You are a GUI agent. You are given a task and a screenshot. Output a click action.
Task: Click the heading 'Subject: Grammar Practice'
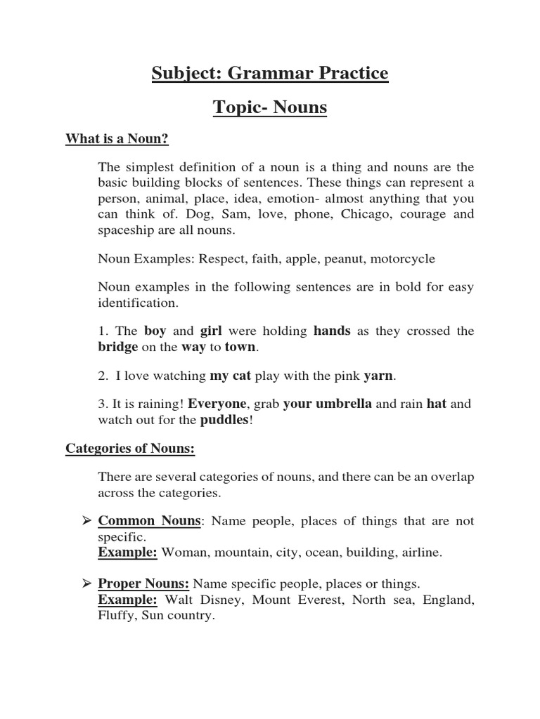(x=270, y=73)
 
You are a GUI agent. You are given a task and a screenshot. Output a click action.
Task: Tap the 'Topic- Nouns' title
(x=270, y=108)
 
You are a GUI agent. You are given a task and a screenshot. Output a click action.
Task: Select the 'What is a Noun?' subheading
(x=117, y=139)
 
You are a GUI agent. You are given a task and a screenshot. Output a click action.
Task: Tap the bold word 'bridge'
(x=117, y=347)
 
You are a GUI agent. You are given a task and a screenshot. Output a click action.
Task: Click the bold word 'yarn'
(x=378, y=376)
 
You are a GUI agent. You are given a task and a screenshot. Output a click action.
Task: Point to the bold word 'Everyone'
(x=216, y=404)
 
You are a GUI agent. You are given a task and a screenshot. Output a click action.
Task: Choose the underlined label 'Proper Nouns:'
(x=143, y=583)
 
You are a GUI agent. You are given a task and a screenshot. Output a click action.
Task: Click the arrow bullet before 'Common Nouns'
(x=87, y=521)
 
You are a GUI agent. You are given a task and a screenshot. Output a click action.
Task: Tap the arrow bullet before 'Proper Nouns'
(x=87, y=583)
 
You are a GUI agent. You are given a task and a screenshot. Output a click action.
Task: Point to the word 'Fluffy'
(x=116, y=616)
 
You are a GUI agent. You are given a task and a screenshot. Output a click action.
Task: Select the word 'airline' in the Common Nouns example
(x=420, y=553)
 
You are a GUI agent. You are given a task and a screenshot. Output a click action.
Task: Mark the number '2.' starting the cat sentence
(x=103, y=376)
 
